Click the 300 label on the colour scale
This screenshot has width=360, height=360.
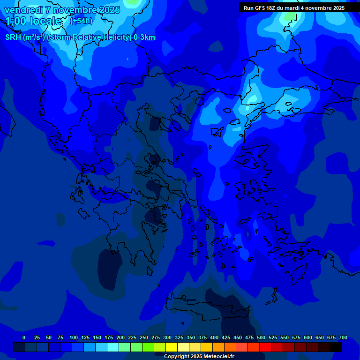(x=167, y=337)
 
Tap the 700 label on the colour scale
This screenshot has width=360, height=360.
(x=343, y=337)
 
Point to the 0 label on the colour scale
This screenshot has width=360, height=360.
(x=24, y=337)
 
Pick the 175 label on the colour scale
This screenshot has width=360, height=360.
(x=109, y=337)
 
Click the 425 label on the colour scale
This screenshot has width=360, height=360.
(x=226, y=337)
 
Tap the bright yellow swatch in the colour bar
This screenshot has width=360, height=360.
(x=172, y=347)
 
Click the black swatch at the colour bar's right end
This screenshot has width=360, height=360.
(x=336, y=347)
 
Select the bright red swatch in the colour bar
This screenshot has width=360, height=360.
(x=265, y=347)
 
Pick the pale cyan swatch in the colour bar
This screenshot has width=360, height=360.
(x=113, y=347)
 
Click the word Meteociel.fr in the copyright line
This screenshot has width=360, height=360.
(x=218, y=357)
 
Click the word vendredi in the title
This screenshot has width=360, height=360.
(x=24, y=10)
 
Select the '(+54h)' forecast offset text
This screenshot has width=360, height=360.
(x=81, y=21)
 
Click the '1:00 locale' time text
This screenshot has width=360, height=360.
(x=33, y=21)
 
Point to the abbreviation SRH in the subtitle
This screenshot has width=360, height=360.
(x=13, y=37)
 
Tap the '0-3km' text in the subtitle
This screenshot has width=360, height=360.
(x=144, y=37)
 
